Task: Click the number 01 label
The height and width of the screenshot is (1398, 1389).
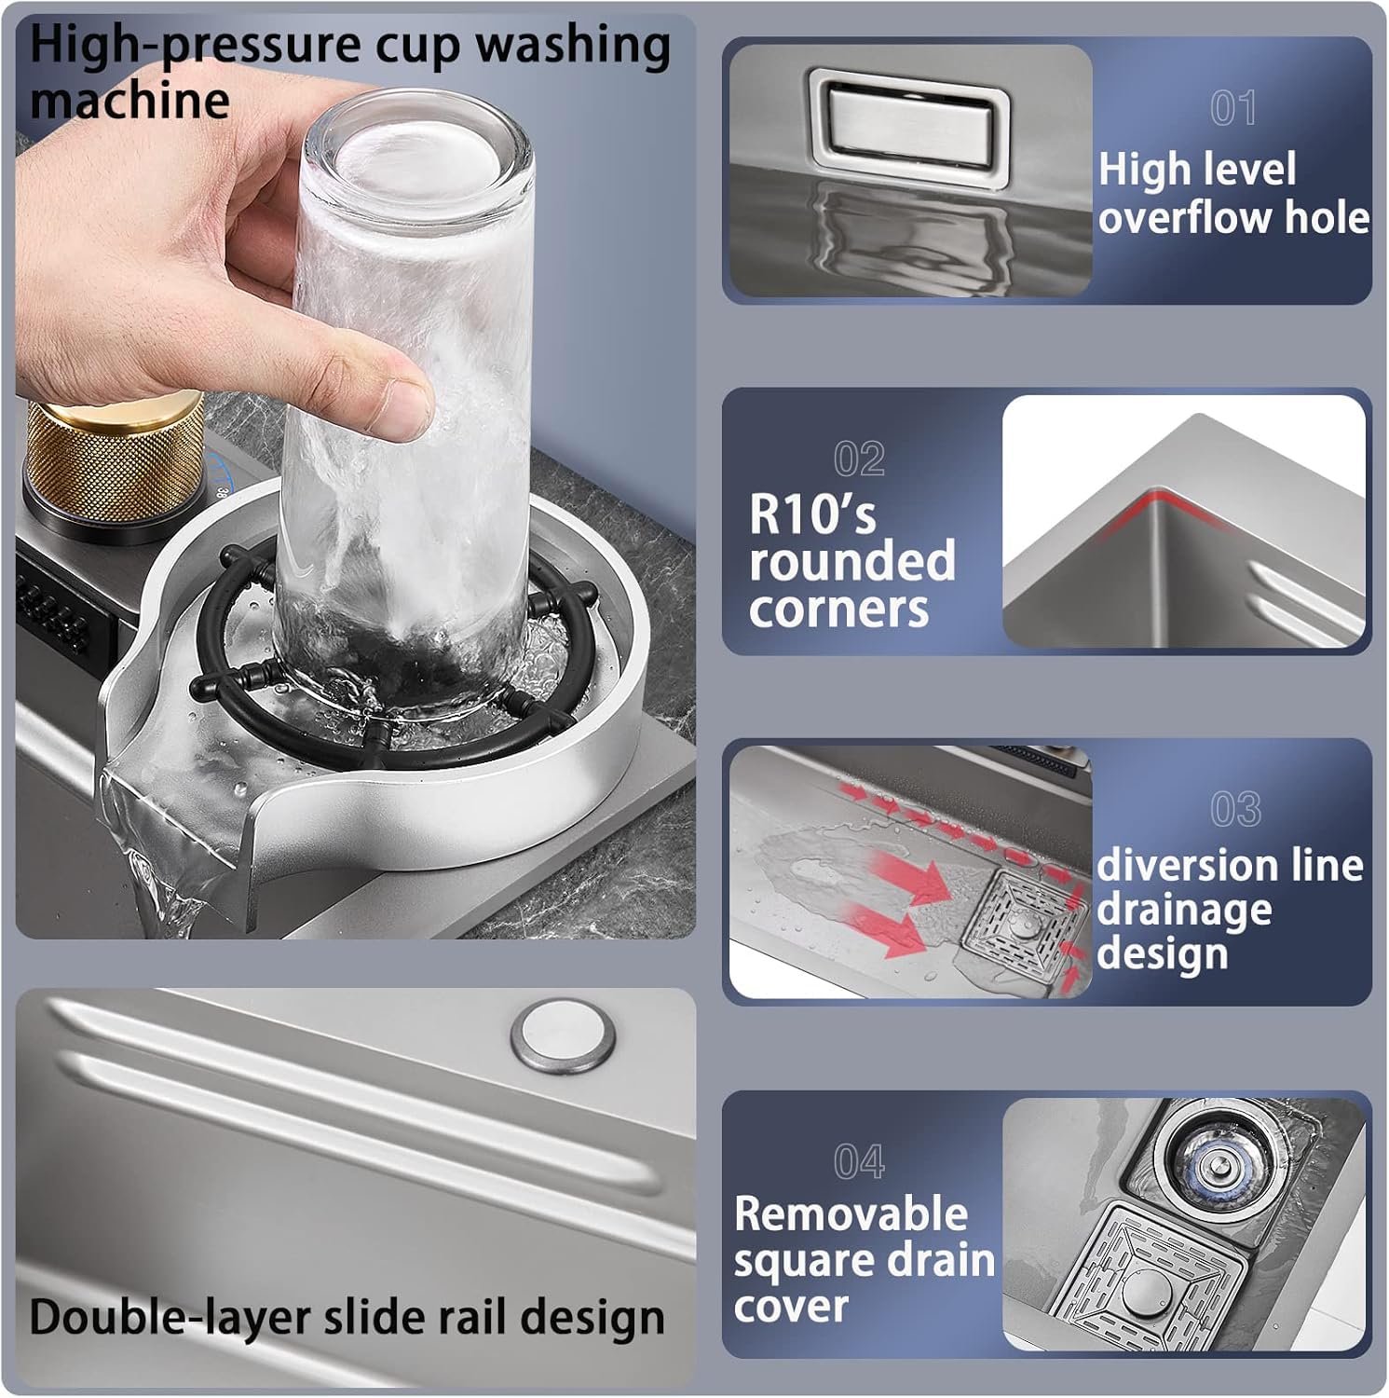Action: pos(1232,108)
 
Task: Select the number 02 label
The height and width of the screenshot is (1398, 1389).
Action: pos(859,459)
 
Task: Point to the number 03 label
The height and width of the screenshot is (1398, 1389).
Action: pos(1235,809)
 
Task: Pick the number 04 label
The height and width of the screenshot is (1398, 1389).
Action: pos(859,1162)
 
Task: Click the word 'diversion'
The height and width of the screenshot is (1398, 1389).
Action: pos(1175,866)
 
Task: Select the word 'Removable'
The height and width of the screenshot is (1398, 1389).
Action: pos(851,1213)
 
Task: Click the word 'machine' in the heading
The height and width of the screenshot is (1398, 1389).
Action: pos(129,101)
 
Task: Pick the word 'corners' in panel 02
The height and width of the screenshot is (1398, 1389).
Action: pos(838,610)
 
